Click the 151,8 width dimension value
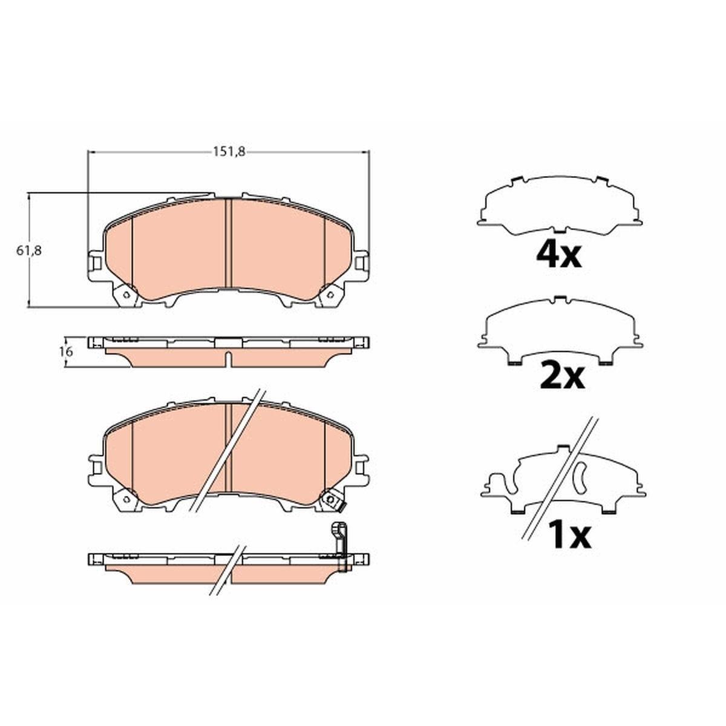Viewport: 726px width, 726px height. point(229,151)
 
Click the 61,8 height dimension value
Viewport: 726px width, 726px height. point(28,250)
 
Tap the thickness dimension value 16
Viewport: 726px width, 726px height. point(65,352)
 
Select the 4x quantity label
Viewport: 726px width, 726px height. point(559,255)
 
